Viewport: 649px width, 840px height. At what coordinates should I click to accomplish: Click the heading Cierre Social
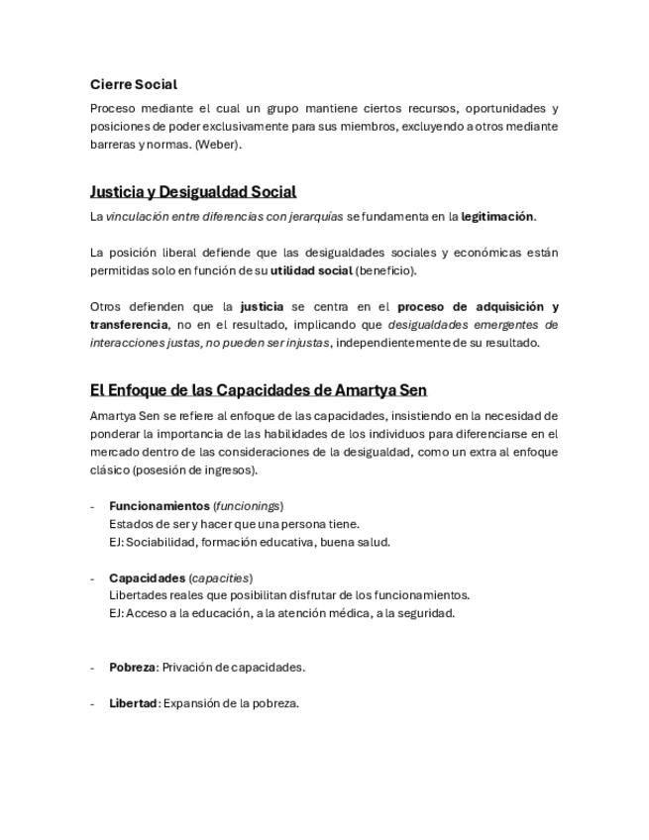[134, 85]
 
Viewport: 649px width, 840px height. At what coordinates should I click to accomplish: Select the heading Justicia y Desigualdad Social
[193, 191]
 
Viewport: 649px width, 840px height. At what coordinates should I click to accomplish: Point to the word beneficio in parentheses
[385, 270]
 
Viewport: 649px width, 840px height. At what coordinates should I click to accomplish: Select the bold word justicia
[262, 307]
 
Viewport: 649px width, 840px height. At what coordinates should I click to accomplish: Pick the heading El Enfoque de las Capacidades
[258, 390]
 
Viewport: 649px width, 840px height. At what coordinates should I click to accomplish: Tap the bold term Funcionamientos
[159, 506]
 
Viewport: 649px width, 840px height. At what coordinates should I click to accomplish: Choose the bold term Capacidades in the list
[147, 577]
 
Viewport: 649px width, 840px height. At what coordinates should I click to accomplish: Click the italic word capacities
[221, 577]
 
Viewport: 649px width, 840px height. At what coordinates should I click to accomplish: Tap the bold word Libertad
[133, 703]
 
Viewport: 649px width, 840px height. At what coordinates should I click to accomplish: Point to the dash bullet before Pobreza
[92, 668]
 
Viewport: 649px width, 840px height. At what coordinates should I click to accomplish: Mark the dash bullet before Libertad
[92, 703]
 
